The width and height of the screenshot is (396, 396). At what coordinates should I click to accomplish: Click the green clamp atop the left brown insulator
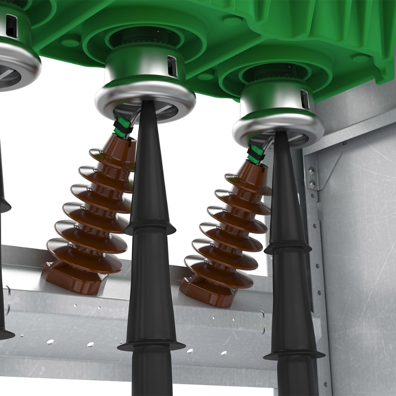click(x=123, y=128)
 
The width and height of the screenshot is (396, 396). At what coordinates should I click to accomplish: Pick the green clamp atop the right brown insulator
click(x=256, y=154)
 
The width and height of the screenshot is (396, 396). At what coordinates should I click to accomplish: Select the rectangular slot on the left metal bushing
click(x=12, y=26)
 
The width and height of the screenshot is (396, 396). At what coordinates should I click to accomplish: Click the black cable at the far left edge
click(x=3, y=264)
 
